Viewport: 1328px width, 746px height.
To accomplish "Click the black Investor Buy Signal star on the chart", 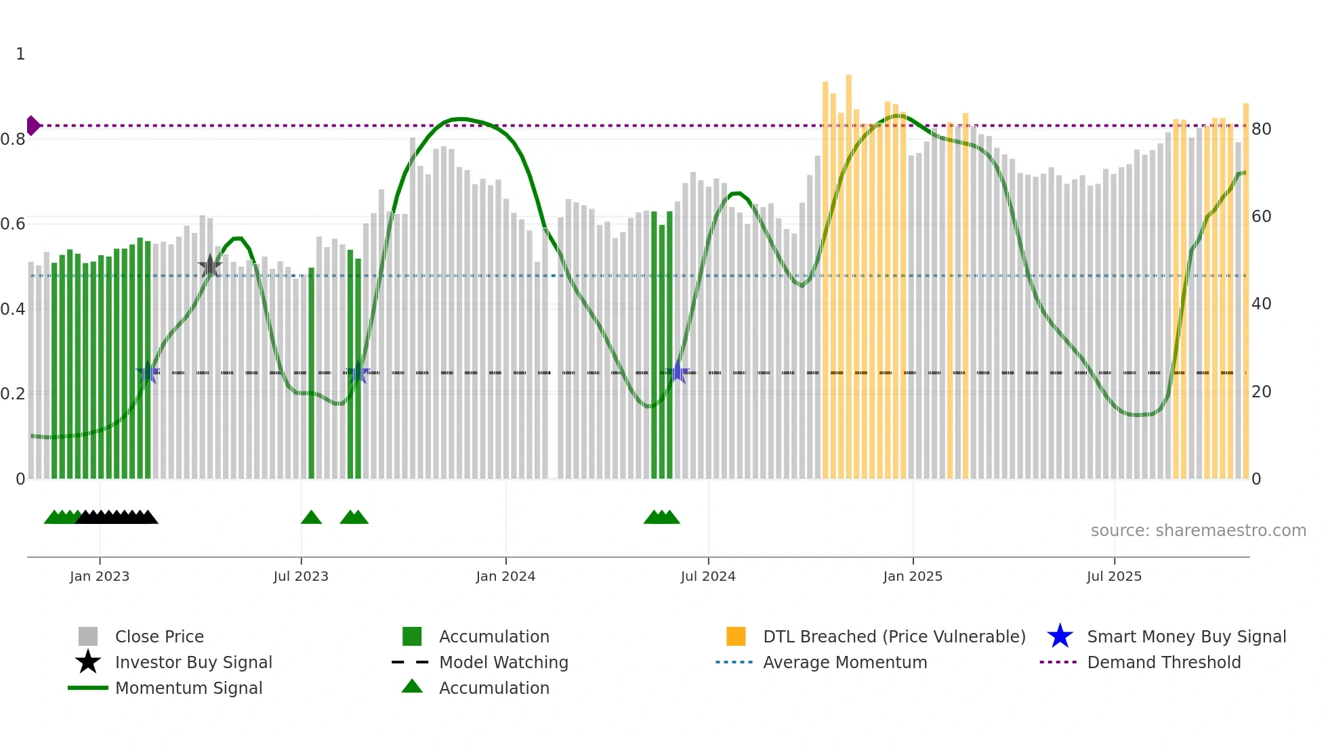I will [210, 266].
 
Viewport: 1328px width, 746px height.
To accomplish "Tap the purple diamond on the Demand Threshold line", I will [33, 125].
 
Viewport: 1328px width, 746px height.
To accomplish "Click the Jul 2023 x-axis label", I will [301, 576].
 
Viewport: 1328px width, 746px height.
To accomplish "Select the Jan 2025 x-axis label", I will [912, 576].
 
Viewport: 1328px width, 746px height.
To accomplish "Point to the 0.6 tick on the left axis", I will [13, 224].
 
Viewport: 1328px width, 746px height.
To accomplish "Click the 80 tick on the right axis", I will [1261, 129].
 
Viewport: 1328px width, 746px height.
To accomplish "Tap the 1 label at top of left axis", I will [20, 54].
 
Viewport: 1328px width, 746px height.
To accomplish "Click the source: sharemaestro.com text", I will [1198, 530].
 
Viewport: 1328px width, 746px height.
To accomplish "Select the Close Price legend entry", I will [159, 636].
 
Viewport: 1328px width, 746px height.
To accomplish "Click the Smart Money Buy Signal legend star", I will [1060, 636].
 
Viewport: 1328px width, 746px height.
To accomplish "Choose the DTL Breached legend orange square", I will [736, 636].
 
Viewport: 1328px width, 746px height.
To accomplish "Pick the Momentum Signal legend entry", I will [188, 688].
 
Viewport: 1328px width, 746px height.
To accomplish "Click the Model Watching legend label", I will [503, 662].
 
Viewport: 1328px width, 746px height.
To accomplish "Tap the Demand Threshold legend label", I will [1163, 662].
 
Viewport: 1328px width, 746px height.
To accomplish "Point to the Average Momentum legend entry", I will [844, 662].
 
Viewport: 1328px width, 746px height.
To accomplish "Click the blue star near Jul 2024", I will [677, 372].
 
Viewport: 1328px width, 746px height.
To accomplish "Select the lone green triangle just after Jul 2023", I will [311, 517].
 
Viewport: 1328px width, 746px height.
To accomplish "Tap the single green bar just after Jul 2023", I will [311, 372].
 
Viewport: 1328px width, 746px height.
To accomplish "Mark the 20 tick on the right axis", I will [1261, 392].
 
